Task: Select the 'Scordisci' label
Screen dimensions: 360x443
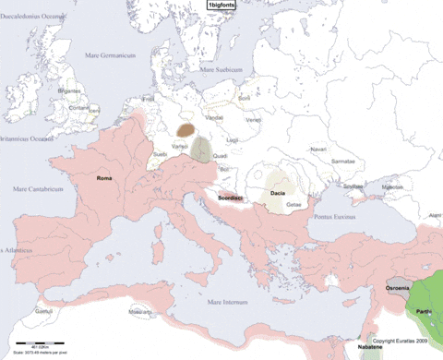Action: tap(230, 198)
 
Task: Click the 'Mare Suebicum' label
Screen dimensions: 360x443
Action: tap(223, 68)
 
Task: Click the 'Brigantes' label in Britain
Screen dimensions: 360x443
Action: tap(69, 92)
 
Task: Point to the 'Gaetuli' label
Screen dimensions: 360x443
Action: tap(42, 312)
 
